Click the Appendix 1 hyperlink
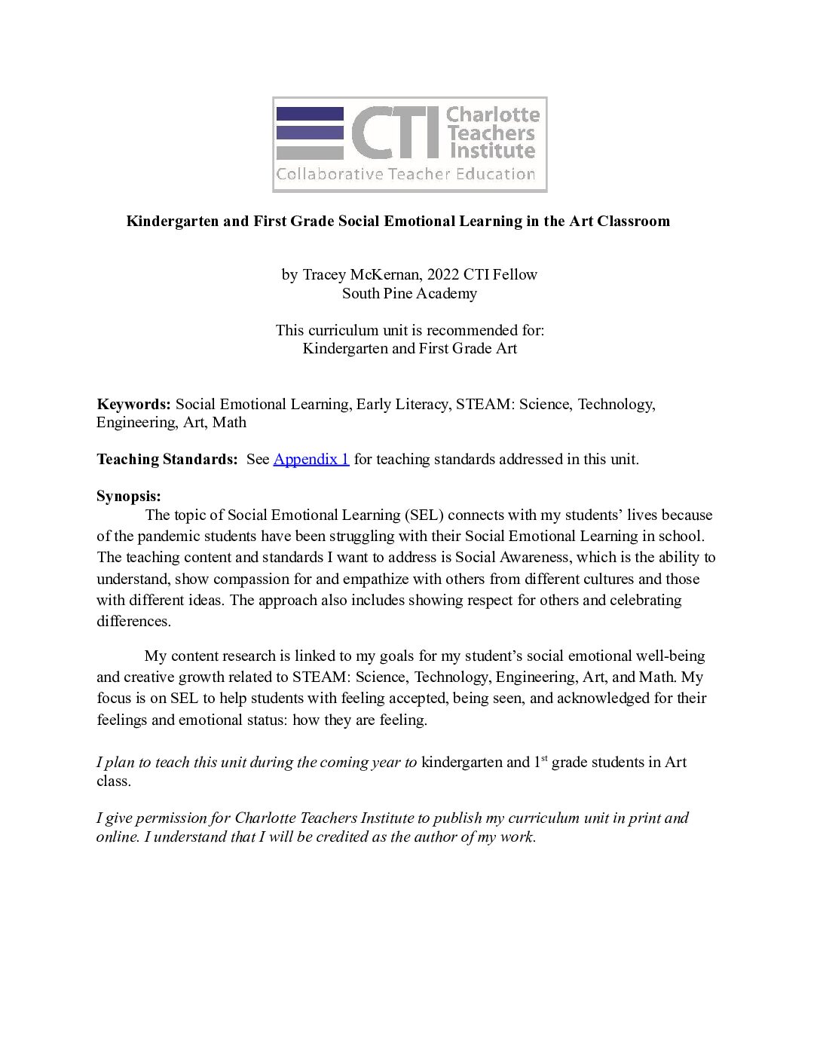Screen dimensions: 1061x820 click(311, 459)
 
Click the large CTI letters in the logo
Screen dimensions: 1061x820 click(395, 132)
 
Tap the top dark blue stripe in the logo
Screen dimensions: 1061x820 click(310, 114)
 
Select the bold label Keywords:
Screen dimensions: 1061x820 click(133, 404)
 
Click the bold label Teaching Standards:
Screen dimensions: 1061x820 click(167, 459)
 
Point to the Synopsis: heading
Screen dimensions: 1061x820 click(128, 496)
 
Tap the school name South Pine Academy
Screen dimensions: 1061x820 click(409, 293)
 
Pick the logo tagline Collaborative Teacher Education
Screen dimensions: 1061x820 click(405, 174)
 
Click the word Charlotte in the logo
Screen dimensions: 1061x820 click(493, 115)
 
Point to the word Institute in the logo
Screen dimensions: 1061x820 click(492, 151)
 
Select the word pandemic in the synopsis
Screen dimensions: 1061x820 click(163, 536)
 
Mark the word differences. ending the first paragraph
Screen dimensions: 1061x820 click(133, 621)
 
